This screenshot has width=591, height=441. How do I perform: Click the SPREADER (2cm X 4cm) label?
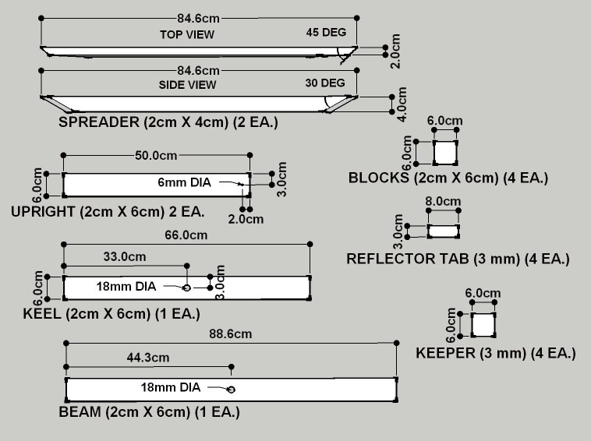click(168, 122)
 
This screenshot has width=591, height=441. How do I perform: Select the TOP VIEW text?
click(187, 34)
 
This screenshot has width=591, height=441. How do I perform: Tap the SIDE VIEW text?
click(187, 84)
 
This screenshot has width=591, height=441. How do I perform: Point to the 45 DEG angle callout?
click(324, 34)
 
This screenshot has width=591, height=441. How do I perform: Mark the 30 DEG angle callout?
click(324, 83)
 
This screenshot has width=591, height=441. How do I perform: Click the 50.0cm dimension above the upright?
click(155, 155)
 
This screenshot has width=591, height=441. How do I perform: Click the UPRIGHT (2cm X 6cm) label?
click(108, 212)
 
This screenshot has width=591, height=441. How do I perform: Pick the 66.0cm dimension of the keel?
click(187, 235)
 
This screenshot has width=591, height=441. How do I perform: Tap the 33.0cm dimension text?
click(124, 256)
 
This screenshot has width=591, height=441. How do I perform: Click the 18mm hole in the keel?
click(186, 288)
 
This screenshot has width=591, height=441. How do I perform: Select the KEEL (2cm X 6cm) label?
click(111, 314)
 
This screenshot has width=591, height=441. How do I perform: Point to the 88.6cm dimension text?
click(231, 333)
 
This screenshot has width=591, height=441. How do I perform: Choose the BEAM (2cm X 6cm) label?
click(149, 412)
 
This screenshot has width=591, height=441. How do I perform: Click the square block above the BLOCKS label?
click(445, 153)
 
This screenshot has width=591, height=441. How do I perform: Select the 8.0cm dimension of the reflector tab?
click(443, 202)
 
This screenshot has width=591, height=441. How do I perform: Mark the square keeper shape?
click(483, 324)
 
